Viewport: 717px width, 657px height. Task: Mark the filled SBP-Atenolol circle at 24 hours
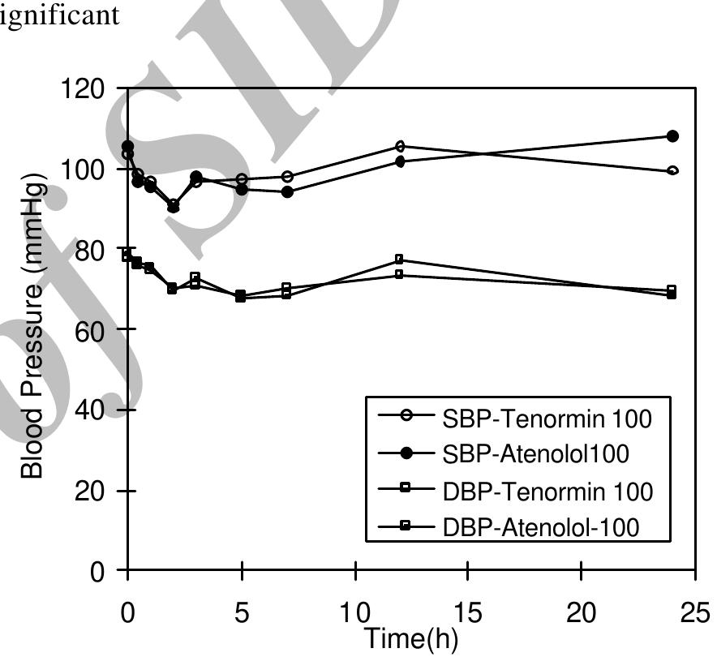pyautogui.click(x=672, y=136)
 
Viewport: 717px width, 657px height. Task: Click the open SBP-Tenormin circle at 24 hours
pyautogui.click(x=672, y=170)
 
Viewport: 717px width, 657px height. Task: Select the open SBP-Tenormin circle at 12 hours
pyautogui.click(x=400, y=147)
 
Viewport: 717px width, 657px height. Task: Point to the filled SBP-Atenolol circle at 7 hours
pyautogui.click(x=287, y=192)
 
